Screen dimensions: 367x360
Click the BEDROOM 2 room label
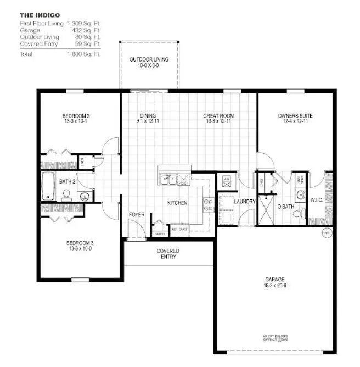[x=76, y=116]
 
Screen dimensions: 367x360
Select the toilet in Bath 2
[x=66, y=194]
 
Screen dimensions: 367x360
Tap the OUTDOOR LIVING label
[x=149, y=59]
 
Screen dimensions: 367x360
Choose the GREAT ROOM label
[x=218, y=116]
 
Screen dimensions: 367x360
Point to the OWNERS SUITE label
[x=295, y=116]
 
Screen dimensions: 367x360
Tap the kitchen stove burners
[x=209, y=205]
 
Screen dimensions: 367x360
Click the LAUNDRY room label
[x=245, y=202]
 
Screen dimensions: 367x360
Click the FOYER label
[x=137, y=214]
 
